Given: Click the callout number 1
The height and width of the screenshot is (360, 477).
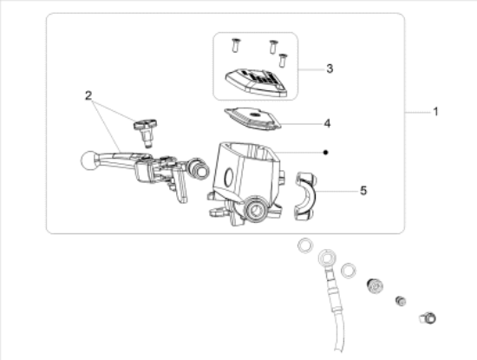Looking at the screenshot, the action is point(435,112).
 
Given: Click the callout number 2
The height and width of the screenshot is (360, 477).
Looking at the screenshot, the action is point(88,96).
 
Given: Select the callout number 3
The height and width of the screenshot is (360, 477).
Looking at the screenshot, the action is point(330,69).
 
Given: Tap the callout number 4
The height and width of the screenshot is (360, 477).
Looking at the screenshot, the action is point(327,123).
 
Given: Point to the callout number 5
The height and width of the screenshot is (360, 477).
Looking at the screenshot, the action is point(363,191).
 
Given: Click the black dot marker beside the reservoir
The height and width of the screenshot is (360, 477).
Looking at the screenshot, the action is point(326,152).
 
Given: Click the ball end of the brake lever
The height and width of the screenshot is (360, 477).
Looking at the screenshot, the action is point(88,160).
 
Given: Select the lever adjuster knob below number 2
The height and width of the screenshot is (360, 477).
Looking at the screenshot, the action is point(146,132).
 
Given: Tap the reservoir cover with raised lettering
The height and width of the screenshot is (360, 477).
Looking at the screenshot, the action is point(256,82).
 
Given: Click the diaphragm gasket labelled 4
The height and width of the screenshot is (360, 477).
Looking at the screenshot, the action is point(252,119).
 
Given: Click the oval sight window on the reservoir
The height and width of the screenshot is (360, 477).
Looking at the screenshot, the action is point(229,177).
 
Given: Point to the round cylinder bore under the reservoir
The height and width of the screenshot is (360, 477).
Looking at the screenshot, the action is point(256,210).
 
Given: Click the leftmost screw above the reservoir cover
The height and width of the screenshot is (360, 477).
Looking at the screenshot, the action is point(235,45).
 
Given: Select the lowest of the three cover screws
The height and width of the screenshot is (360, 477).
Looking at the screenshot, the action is point(283,60).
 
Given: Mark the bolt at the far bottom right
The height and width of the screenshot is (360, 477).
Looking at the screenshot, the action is point(428,318).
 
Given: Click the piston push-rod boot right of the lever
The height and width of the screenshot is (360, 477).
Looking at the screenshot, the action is point(198,168).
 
